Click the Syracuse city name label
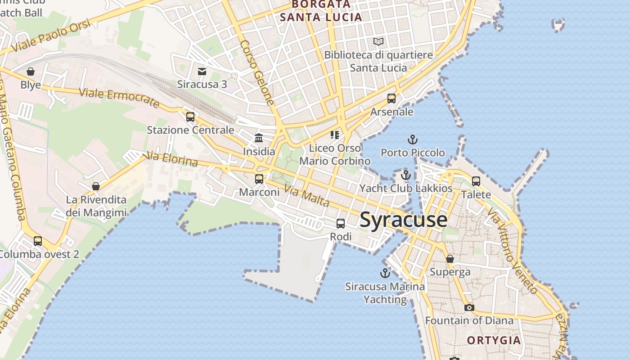tap(404, 220)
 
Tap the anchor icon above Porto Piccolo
tap(412, 139)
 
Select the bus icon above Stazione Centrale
tap(190, 117)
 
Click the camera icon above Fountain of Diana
tap(469, 307)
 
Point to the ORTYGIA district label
tap(494, 340)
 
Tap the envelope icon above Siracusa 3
tap(202, 71)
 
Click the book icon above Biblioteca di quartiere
tap(378, 42)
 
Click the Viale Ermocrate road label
tap(119, 98)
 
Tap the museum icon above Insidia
tap(259, 138)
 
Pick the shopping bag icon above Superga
tap(450, 259)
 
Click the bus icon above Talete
tap(476, 181)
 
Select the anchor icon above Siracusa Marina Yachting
tap(385, 273)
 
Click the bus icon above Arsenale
tap(391, 99)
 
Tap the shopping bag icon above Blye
tap(31, 72)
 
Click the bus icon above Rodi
tap(341, 223)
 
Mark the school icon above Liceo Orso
tap(334, 135)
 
